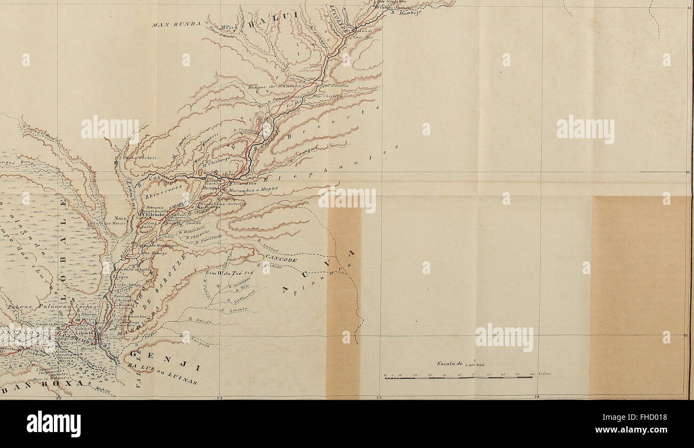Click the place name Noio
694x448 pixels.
tap(120, 218)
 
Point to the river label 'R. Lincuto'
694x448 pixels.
tap(233, 309)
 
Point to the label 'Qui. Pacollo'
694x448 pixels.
tap(335, 85)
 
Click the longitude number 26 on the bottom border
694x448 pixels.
tap(539, 396)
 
